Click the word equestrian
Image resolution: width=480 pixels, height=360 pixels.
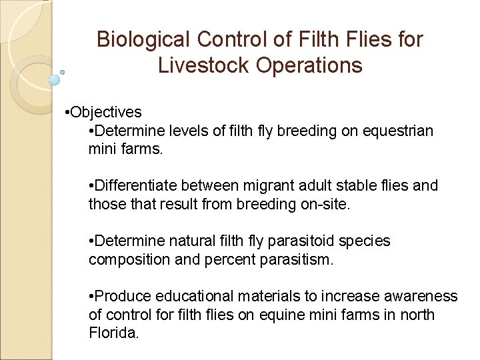point(397,131)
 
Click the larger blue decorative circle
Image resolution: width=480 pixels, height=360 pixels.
point(55,80)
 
